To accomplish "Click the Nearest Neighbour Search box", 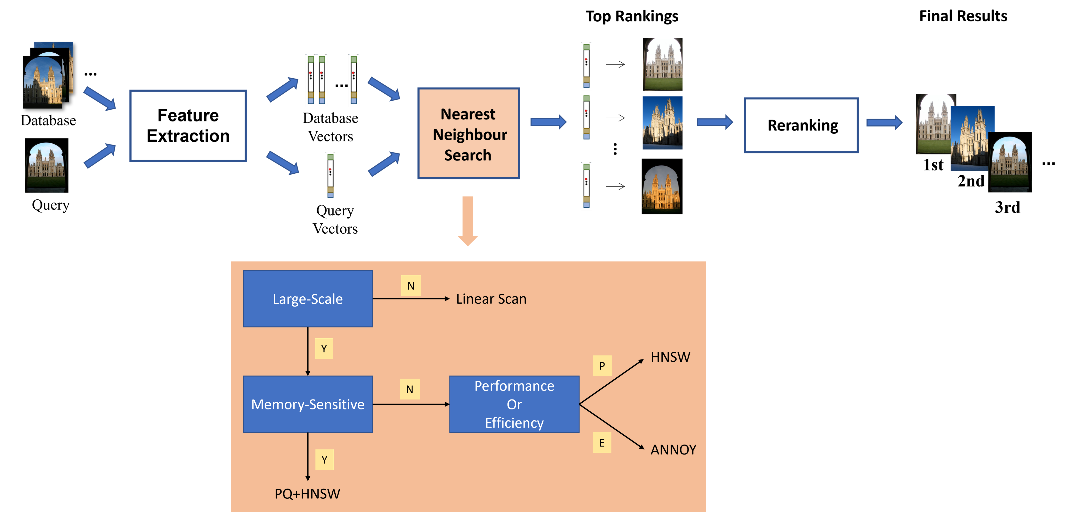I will coord(469,133).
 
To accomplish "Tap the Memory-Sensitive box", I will coord(307,404).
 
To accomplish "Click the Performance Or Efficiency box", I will coord(514,404).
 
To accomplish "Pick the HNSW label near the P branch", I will coord(670,357).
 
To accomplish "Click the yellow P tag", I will coord(602,366).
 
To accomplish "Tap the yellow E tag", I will coord(602,443).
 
